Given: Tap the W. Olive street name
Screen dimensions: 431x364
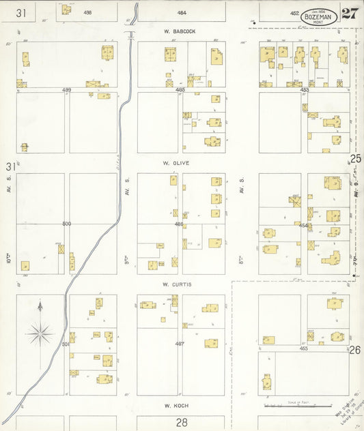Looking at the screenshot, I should (x=176, y=164).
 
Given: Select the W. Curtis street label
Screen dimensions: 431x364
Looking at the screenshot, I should (x=176, y=284).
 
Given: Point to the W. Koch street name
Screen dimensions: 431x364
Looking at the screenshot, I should (x=175, y=404).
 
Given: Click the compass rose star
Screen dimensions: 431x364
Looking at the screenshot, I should (x=40, y=333).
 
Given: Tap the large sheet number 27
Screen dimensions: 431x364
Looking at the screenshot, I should (x=350, y=14).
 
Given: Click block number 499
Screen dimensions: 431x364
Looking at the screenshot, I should (x=66, y=89).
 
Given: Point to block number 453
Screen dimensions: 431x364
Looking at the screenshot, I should (x=304, y=89).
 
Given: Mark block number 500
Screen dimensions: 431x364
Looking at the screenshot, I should (x=66, y=224).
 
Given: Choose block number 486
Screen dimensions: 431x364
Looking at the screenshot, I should (x=180, y=224).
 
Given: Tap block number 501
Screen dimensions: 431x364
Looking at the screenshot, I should (x=66, y=344).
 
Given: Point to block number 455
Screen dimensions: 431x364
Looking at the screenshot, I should (x=304, y=348).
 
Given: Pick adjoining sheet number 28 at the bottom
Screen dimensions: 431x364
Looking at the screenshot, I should (x=182, y=423).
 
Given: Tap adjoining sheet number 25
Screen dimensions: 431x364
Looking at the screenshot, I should (x=355, y=159).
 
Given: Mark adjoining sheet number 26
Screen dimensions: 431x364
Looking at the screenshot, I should (x=355, y=351).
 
